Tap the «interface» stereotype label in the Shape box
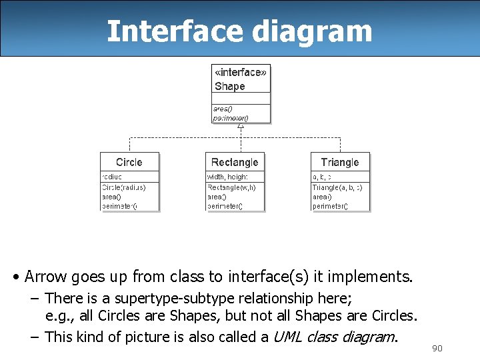click(241, 73)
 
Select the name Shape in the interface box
click(230, 87)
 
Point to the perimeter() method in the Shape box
click(231, 118)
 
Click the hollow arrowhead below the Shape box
click(241, 126)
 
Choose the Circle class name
click(129, 163)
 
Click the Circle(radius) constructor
click(123, 187)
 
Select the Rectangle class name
click(235, 163)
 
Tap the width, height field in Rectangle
click(228, 177)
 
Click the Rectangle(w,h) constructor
click(231, 187)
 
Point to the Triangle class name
click(340, 163)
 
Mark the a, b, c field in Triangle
click(322, 177)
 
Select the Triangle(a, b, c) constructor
click(338, 187)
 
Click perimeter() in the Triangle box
click(330, 206)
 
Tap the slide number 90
click(437, 349)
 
